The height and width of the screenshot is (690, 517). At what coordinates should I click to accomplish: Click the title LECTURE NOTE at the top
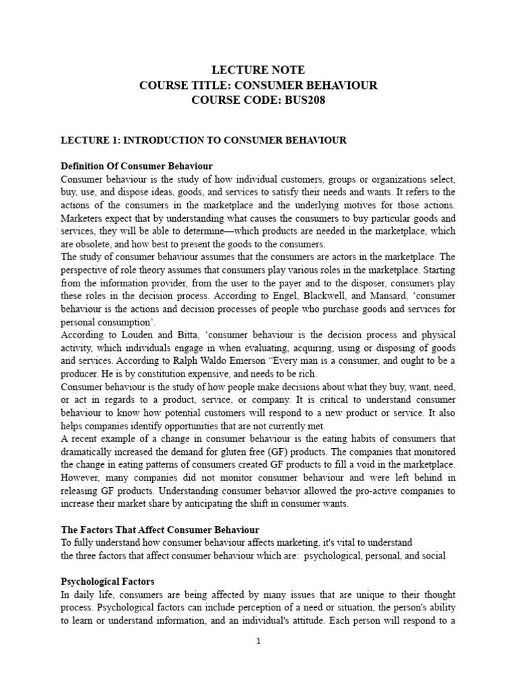(258, 70)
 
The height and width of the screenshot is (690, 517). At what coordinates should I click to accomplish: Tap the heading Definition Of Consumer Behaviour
(137, 166)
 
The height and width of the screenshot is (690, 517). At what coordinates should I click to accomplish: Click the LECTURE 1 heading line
(203, 140)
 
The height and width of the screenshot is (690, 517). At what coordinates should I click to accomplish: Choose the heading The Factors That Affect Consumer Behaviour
(160, 530)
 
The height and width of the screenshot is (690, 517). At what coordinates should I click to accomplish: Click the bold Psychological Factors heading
(108, 581)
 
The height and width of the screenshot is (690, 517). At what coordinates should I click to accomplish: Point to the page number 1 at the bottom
(258, 641)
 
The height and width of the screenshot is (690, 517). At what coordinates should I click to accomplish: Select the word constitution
(168, 374)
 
